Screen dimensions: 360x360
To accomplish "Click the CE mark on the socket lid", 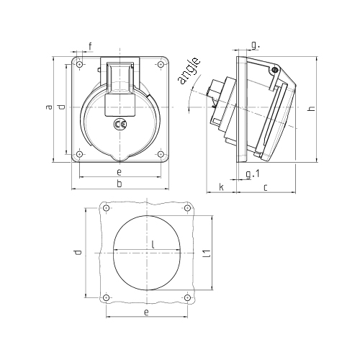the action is tap(120, 124).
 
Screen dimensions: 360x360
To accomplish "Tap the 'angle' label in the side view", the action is tap(189, 71).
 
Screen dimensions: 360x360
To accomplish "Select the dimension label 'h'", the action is tap(312, 109).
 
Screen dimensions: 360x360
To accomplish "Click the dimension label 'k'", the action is tap(222, 186).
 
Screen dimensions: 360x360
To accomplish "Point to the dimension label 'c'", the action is tap(265, 187).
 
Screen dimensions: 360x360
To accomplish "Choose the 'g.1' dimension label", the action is tap(253, 174).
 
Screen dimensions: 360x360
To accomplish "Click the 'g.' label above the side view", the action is tap(256, 45).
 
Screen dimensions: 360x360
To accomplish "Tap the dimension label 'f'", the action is tap(90, 46).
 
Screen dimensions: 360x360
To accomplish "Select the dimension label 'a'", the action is tap(49, 107).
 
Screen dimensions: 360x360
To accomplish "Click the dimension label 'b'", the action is tap(120, 184).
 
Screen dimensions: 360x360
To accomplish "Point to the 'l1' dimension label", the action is tap(207, 253).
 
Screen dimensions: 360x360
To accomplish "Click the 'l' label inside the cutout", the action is tap(153, 244).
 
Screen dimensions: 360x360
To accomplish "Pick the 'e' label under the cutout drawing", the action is tap(146, 312).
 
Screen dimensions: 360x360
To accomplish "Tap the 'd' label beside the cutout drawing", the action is tap(78, 252).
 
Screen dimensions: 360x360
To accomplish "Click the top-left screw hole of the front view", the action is tap(80, 64).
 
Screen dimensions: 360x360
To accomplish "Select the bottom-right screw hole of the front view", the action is tap(161, 154).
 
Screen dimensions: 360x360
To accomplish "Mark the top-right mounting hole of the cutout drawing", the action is tap(188, 208).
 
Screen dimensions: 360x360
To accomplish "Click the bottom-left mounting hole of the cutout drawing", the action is tap(107, 298).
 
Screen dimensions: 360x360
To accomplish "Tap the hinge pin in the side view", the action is tap(275, 70).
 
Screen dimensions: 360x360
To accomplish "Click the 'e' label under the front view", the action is tap(119, 172).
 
